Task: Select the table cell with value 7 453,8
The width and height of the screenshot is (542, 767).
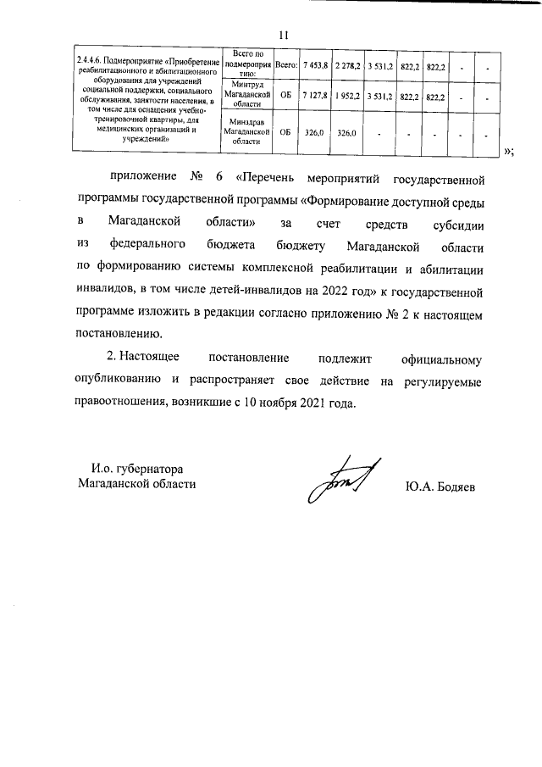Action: pos(315,64)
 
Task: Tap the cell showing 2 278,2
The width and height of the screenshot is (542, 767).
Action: pos(347,64)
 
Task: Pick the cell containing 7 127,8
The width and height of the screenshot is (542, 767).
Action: pos(315,97)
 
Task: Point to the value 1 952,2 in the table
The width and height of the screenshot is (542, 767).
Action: pos(347,97)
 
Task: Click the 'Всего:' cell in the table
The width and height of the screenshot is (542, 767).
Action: pos(285,64)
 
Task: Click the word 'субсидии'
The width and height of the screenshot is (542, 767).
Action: pos(455,224)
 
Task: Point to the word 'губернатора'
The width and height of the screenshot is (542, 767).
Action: pos(149,468)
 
